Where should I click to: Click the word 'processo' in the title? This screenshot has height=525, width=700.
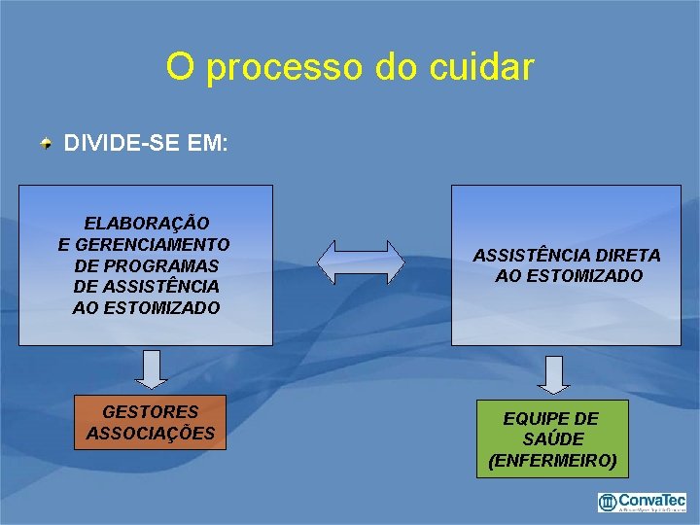(x=284, y=68)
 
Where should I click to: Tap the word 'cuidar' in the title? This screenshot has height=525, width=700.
(x=485, y=67)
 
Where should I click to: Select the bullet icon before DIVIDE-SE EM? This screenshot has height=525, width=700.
(x=46, y=145)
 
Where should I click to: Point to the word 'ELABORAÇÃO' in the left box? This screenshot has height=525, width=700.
(x=146, y=224)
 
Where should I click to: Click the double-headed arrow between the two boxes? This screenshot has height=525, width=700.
(x=362, y=262)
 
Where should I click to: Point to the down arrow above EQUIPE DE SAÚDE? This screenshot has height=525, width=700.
(x=553, y=374)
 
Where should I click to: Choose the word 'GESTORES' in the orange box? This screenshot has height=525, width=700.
(x=151, y=412)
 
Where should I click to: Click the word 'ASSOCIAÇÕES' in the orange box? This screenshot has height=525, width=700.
(x=151, y=433)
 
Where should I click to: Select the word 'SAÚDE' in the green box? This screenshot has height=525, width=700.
(x=552, y=439)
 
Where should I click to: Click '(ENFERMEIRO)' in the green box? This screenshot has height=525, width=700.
(x=552, y=460)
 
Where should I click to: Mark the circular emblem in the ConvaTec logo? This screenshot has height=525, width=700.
(x=608, y=502)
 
